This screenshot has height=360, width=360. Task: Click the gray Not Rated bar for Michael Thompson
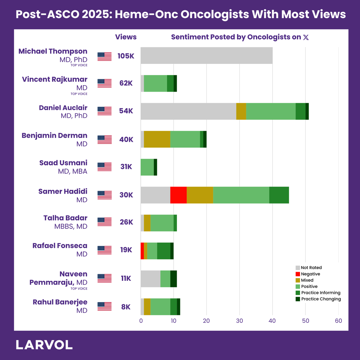pyautogui.click(x=206, y=55)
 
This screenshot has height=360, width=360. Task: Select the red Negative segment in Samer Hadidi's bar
pyautogui.click(x=178, y=195)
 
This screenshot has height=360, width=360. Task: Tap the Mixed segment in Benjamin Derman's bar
pyautogui.click(x=157, y=139)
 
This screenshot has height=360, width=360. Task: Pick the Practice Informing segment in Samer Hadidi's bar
pyautogui.click(x=279, y=195)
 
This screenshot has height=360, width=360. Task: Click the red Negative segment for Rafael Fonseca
pyautogui.click(x=142, y=251)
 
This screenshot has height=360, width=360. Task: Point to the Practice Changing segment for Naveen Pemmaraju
pyautogui.click(x=174, y=279)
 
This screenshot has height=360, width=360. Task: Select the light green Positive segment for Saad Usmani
pyautogui.click(x=147, y=167)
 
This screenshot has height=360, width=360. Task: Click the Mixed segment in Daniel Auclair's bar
pyautogui.click(x=241, y=111)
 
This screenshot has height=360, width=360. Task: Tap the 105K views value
pyautogui.click(x=126, y=56)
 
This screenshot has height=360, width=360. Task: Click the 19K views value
pyautogui.click(x=126, y=250)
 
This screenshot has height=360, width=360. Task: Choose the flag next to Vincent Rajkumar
pyautogui.click(x=104, y=83)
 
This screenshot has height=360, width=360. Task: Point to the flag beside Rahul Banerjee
pyautogui.click(x=104, y=306)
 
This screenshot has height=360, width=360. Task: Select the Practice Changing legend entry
pyautogui.click(x=318, y=299)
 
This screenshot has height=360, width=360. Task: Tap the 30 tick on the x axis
pyautogui.click(x=239, y=321)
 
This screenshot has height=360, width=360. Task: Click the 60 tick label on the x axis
pyautogui.click(x=338, y=321)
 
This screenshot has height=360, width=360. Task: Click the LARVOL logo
pyautogui.click(x=44, y=345)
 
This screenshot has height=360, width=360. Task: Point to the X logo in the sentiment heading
pyautogui.click(x=306, y=37)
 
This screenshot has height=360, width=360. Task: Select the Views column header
pyautogui.click(x=126, y=37)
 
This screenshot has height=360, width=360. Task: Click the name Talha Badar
pyautogui.click(x=65, y=218)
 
